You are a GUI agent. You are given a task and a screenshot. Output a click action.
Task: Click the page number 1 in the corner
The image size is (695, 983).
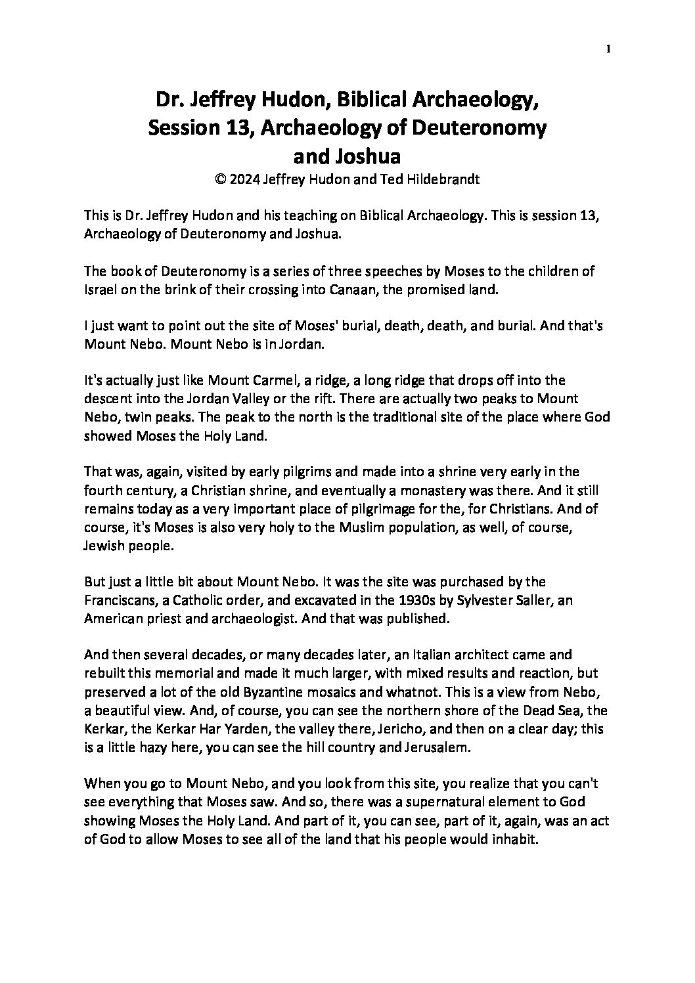click(x=610, y=49)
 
